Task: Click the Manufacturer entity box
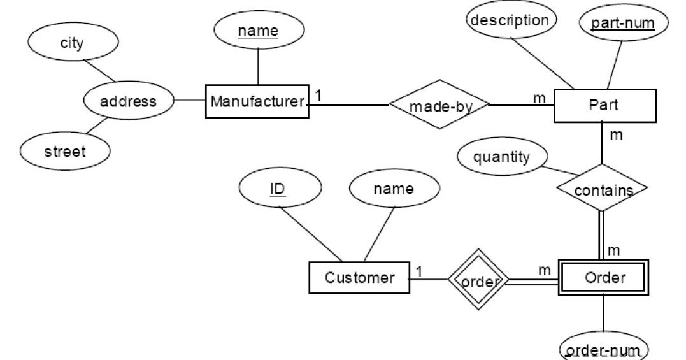(x=257, y=101)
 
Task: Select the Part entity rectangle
(x=604, y=105)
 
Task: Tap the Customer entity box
(x=359, y=278)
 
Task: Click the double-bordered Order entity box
(x=603, y=278)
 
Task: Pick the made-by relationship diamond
(x=440, y=104)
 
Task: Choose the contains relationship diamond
(x=602, y=189)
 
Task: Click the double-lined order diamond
(x=477, y=279)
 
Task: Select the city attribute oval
(x=71, y=43)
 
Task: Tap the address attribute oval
(x=128, y=101)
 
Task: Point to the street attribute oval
(x=65, y=152)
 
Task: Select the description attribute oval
(x=510, y=20)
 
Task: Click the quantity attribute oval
(x=501, y=157)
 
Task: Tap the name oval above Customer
(x=394, y=189)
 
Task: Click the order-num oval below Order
(x=603, y=349)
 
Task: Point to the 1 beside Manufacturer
(x=318, y=94)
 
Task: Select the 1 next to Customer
(x=419, y=271)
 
